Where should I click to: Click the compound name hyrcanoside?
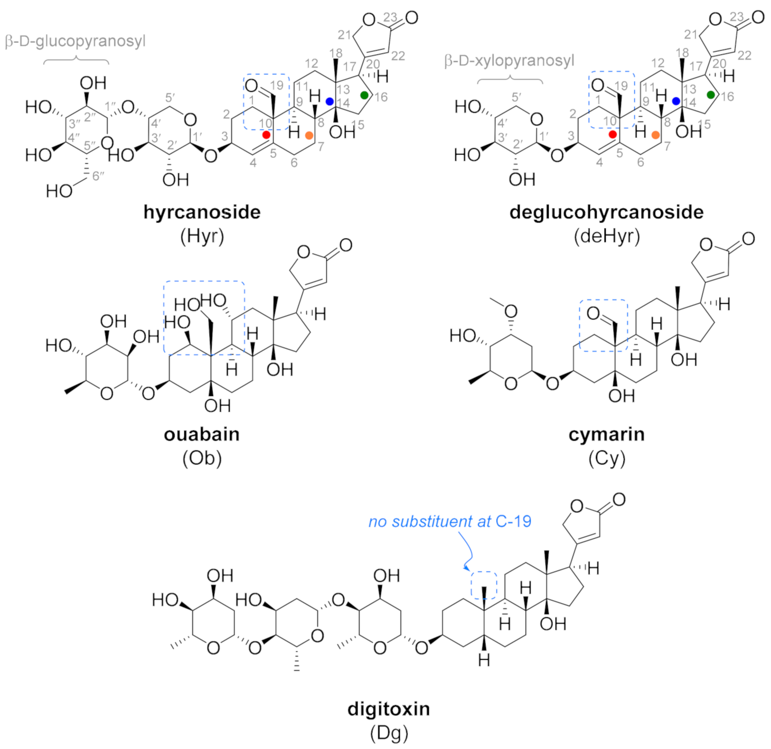pos(202,212)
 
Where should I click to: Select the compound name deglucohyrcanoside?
pos(606,212)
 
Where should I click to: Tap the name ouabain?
pos(202,434)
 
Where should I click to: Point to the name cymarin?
pos(606,434)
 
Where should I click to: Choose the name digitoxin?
pos(389,708)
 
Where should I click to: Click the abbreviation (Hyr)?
pos(202,236)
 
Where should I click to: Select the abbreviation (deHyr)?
pos(606,236)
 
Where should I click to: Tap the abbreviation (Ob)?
pos(202,457)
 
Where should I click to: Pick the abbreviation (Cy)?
pos(606,457)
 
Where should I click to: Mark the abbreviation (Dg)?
pos(389,732)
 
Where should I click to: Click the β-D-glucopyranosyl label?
pos(75,41)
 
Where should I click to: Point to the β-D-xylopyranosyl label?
pos(509,61)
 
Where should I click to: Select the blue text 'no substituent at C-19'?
pos(449,521)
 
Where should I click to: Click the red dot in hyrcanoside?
pos(266,135)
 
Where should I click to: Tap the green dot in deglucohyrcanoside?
pos(711,95)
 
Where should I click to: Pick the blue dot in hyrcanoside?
pos(330,101)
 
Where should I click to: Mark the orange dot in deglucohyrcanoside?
pos(655,135)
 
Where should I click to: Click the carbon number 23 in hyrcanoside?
pos(390,17)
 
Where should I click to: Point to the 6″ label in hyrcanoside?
pos(98,176)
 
